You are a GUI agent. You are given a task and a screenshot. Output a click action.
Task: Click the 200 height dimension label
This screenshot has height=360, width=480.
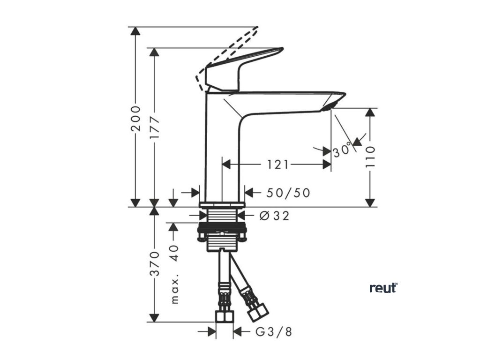pos(135,118)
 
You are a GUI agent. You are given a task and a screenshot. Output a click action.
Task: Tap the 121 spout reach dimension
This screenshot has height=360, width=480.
pos(278,164)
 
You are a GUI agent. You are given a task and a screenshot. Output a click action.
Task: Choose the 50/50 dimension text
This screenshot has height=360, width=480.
pos(288,193)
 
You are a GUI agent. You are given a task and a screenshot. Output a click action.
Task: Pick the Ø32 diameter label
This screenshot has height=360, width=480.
pos(274,216)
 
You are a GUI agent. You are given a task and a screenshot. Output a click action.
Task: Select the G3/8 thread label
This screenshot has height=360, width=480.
pos(274,332)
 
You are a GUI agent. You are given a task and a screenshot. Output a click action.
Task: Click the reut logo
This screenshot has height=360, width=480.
pos(383,288)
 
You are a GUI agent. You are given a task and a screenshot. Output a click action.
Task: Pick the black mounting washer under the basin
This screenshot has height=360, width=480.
pos(222,231)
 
